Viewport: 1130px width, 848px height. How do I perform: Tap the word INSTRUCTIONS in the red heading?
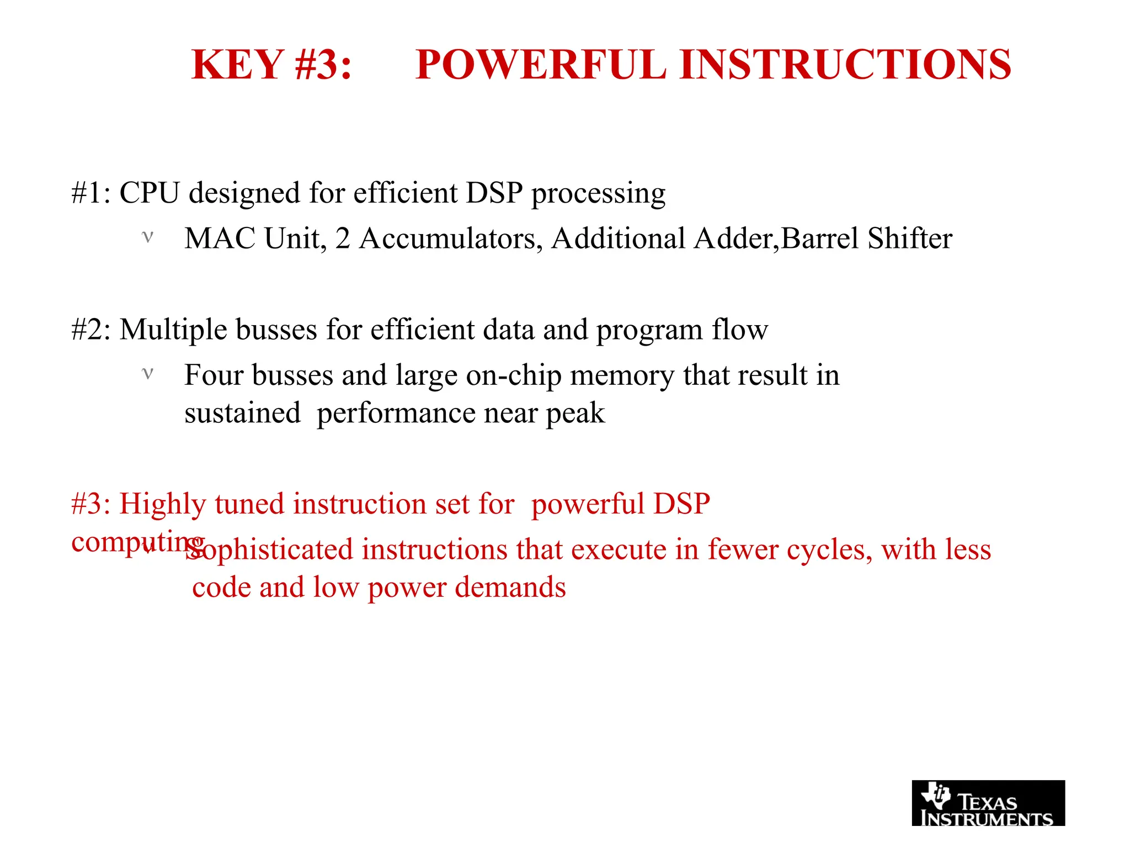point(845,65)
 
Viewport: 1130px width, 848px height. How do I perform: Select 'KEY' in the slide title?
point(237,65)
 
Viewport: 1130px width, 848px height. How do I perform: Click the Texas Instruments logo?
point(988,803)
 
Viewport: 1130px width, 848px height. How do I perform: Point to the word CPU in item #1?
point(150,193)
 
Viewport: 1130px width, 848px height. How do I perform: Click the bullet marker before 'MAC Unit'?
point(147,237)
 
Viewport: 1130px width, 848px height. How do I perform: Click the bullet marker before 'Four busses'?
point(147,374)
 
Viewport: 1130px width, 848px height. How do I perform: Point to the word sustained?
point(242,414)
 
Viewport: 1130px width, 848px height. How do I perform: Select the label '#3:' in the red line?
point(91,504)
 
